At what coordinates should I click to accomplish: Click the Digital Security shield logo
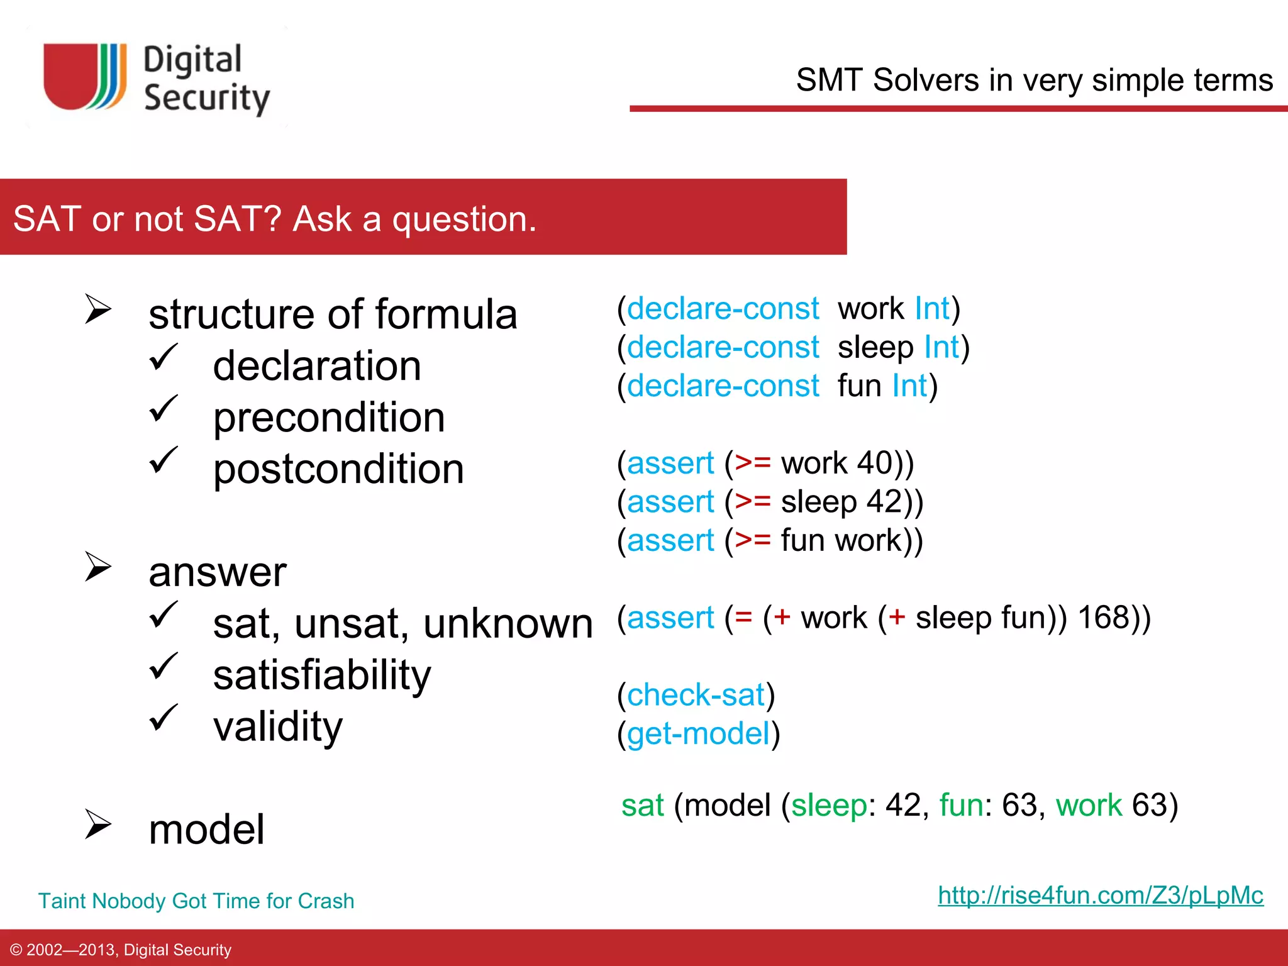click(x=85, y=77)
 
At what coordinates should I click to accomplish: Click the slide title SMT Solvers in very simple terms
click(x=1034, y=80)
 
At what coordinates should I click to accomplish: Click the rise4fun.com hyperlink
click(x=1100, y=895)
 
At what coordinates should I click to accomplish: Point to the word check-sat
click(x=696, y=695)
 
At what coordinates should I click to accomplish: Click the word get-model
click(x=698, y=734)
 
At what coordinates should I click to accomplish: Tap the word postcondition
click(x=338, y=469)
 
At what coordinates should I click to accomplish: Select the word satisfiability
click(x=322, y=675)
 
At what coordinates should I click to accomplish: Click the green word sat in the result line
click(x=642, y=806)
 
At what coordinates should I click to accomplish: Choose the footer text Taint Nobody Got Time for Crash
click(x=196, y=901)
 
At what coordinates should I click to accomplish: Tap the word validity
click(x=277, y=727)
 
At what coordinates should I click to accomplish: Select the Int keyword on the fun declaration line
click(x=909, y=386)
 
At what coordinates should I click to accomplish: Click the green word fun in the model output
click(x=961, y=806)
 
